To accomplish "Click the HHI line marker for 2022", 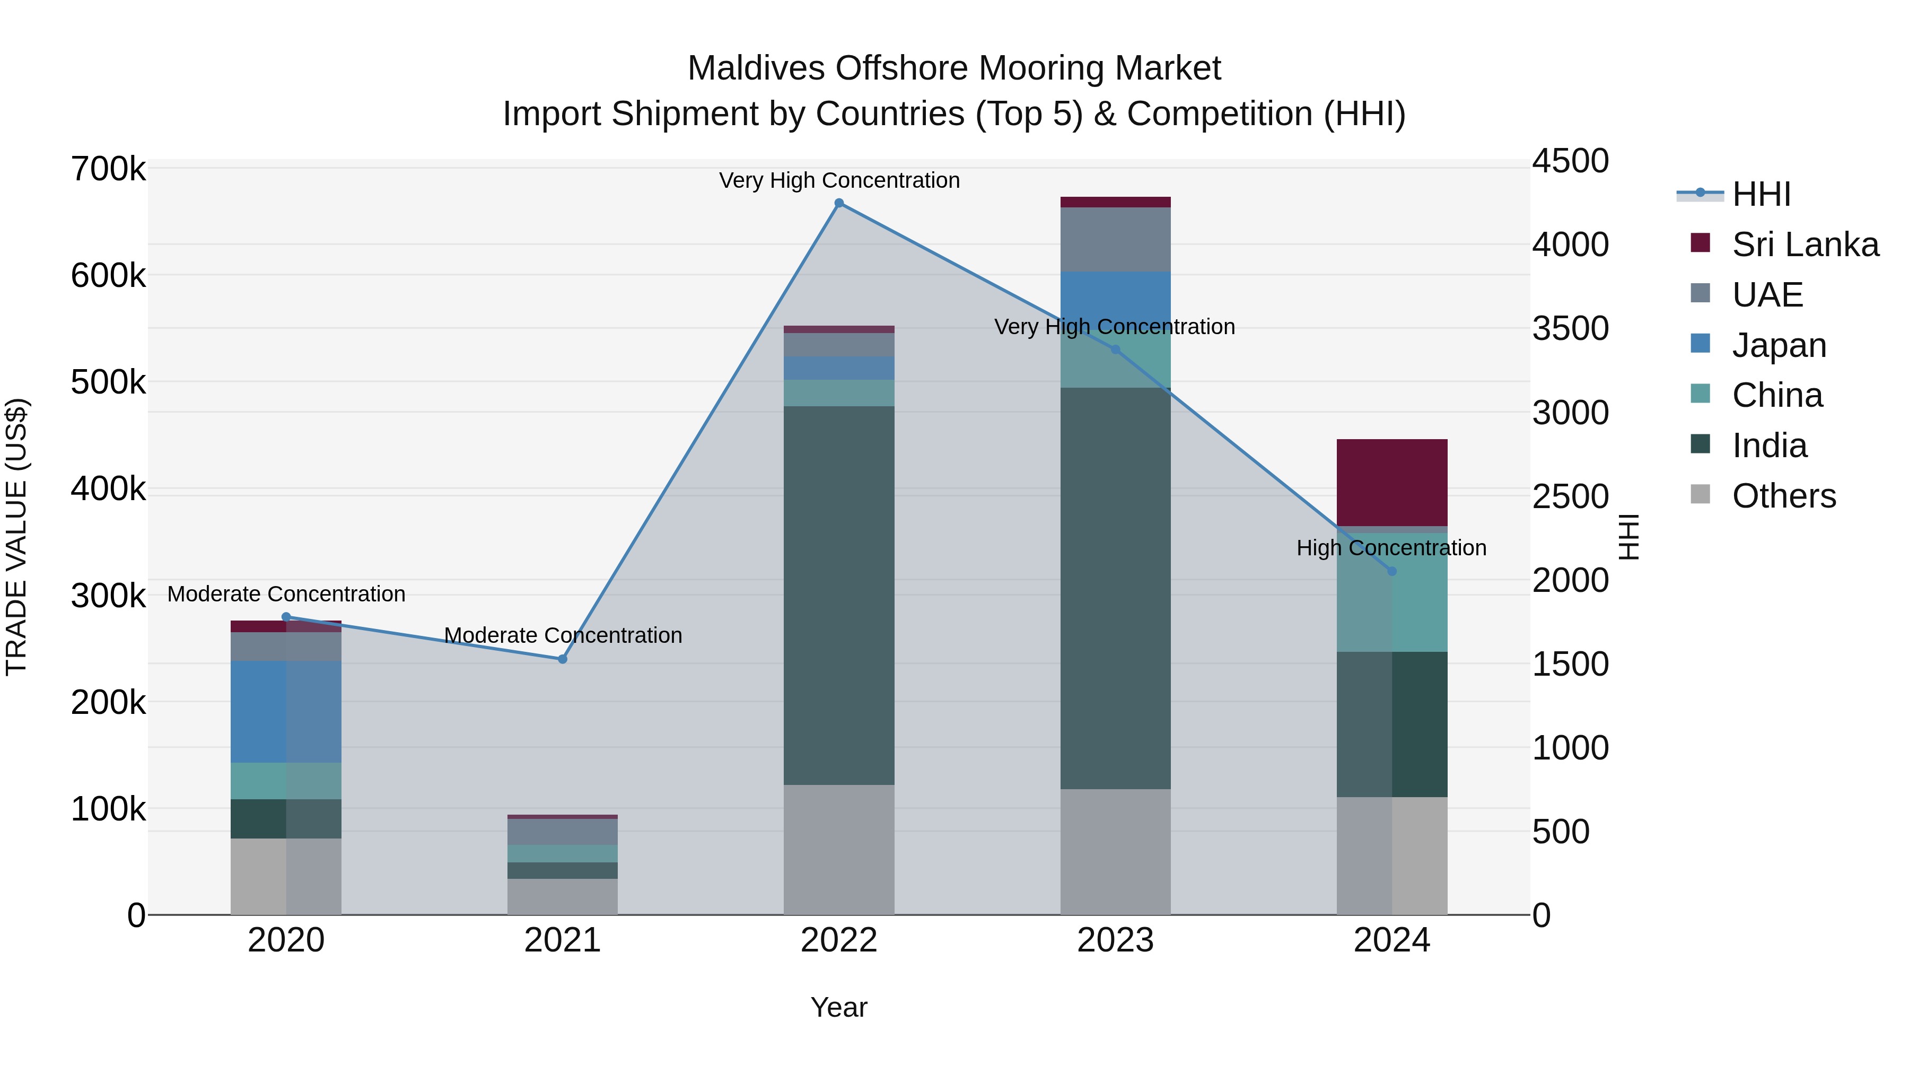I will (839, 203).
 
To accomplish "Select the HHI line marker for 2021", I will (563, 659).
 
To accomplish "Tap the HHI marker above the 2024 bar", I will (1392, 571).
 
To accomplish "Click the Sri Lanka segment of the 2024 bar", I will (1392, 482).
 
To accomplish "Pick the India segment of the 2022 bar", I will (839, 593).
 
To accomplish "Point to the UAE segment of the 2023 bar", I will (1115, 239).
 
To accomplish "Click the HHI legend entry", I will (1760, 194).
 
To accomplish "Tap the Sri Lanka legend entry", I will (1804, 245).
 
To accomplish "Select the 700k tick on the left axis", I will (108, 169).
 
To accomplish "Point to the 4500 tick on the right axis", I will (1570, 161).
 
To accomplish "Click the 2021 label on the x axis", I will (563, 940).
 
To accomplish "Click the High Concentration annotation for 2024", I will (1391, 548).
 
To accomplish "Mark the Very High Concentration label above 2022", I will (839, 180).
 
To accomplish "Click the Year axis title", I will (838, 1007).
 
